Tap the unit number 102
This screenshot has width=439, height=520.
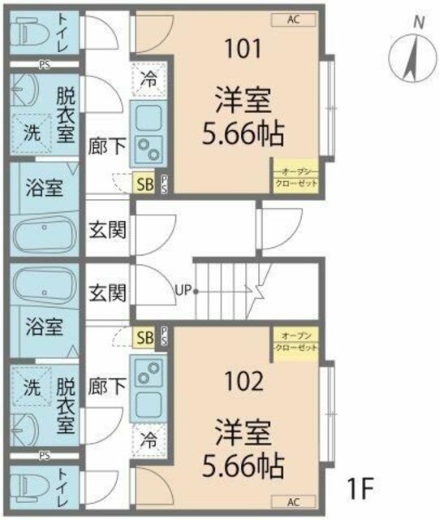[x=242, y=379]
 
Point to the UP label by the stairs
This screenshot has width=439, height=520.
[x=182, y=289]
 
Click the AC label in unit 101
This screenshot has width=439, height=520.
[x=293, y=19]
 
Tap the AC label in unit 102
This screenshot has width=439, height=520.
[x=293, y=500]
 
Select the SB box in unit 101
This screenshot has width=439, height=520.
[x=144, y=184]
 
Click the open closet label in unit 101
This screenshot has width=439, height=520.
[x=295, y=177]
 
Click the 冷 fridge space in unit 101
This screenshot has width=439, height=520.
[x=148, y=80]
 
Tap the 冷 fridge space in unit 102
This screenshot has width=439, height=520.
[x=148, y=441]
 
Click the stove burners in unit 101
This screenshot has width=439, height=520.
[x=148, y=148]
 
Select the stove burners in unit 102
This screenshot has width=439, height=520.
[x=148, y=373]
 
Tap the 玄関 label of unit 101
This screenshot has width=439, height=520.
[x=107, y=230]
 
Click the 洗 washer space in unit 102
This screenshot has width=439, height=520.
[x=30, y=388]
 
